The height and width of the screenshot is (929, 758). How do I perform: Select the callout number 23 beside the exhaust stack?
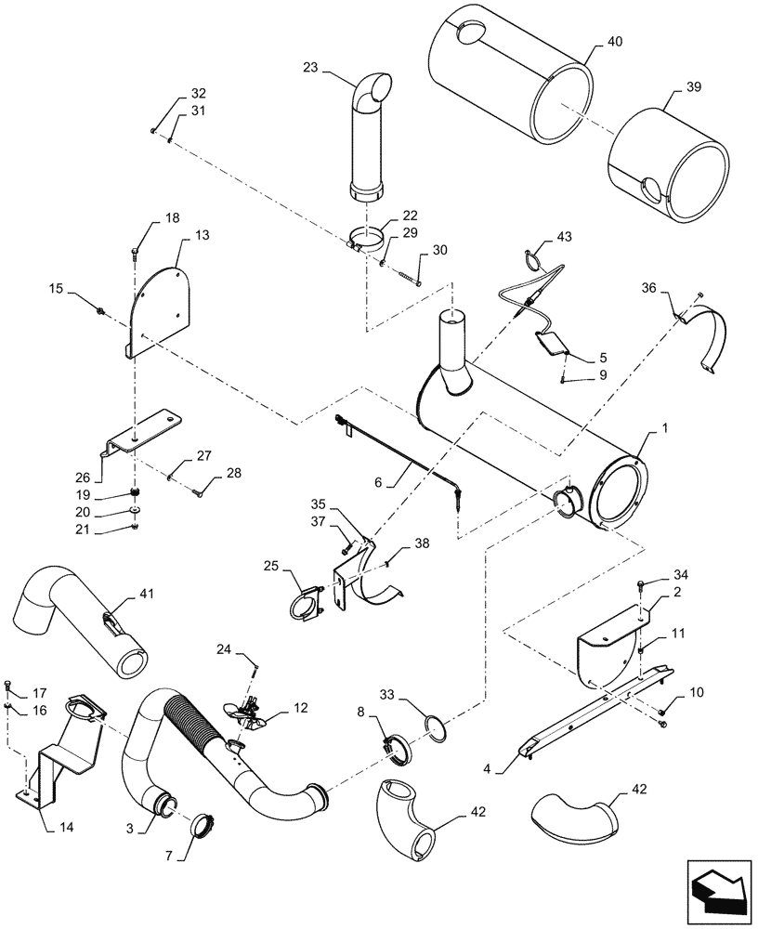point(310,67)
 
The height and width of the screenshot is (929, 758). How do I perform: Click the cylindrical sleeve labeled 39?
point(669,158)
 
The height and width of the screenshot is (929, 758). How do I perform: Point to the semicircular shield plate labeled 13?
point(161,307)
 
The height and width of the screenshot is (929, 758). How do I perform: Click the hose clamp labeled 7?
point(203,824)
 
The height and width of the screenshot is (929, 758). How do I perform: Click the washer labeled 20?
point(137,510)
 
